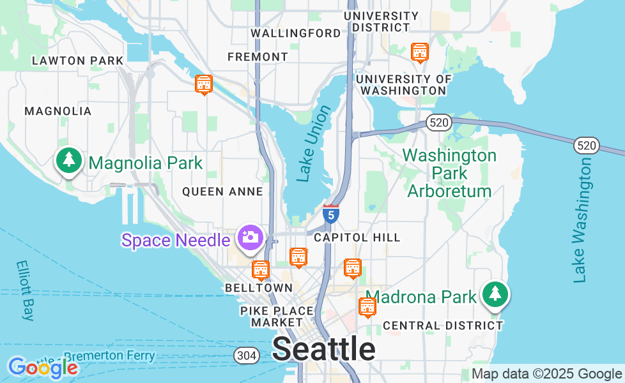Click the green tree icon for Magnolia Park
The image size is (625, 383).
click(69, 160)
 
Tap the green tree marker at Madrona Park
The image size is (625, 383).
click(495, 294)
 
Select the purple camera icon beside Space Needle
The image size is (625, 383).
click(250, 237)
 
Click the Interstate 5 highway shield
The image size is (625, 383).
click(330, 214)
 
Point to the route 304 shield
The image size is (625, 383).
click(246, 356)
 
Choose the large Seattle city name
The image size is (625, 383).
click(324, 349)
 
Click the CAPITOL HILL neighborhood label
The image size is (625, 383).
click(357, 237)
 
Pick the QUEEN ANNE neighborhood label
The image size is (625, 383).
click(222, 191)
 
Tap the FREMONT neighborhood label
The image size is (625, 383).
click(258, 57)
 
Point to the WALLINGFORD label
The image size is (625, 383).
click(296, 33)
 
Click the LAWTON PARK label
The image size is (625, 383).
click(77, 61)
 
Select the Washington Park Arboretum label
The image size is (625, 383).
click(449, 173)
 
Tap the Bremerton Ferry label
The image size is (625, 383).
click(109, 356)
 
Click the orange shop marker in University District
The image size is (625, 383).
click(419, 52)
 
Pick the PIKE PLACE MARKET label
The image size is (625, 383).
click(277, 316)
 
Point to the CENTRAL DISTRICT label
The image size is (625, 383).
click(443, 326)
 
